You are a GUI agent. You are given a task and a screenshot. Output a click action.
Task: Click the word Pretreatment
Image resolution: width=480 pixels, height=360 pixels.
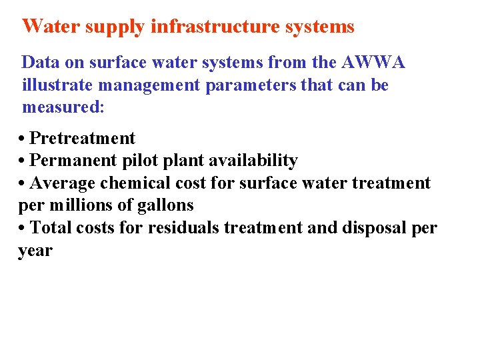tap(83, 139)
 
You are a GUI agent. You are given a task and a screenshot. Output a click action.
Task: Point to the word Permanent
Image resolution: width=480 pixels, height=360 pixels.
tap(73, 161)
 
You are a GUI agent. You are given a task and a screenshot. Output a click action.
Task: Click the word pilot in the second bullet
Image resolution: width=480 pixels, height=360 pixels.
tap(137, 161)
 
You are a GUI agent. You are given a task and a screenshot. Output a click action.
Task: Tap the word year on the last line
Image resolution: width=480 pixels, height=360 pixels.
tap(35, 251)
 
